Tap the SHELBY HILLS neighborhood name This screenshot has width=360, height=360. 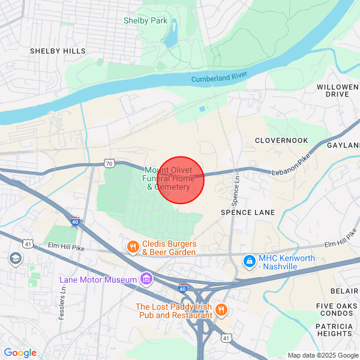(x=58, y=52)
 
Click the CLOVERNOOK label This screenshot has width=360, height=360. (x=281, y=140)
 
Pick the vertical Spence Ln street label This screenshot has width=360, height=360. (x=236, y=187)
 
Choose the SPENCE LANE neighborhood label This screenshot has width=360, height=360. (x=248, y=212)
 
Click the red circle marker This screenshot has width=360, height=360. (x=181, y=180)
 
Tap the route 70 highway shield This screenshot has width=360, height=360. (x=108, y=163)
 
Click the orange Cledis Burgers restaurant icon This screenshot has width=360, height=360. (x=133, y=247)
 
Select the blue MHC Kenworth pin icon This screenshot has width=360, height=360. (x=249, y=262)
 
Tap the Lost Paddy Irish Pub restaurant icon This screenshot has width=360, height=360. (x=221, y=310)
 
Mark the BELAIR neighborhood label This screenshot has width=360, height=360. (x=344, y=291)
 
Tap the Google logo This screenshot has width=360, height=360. (x=20, y=353)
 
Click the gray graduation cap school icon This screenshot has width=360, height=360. (x=14, y=259)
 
